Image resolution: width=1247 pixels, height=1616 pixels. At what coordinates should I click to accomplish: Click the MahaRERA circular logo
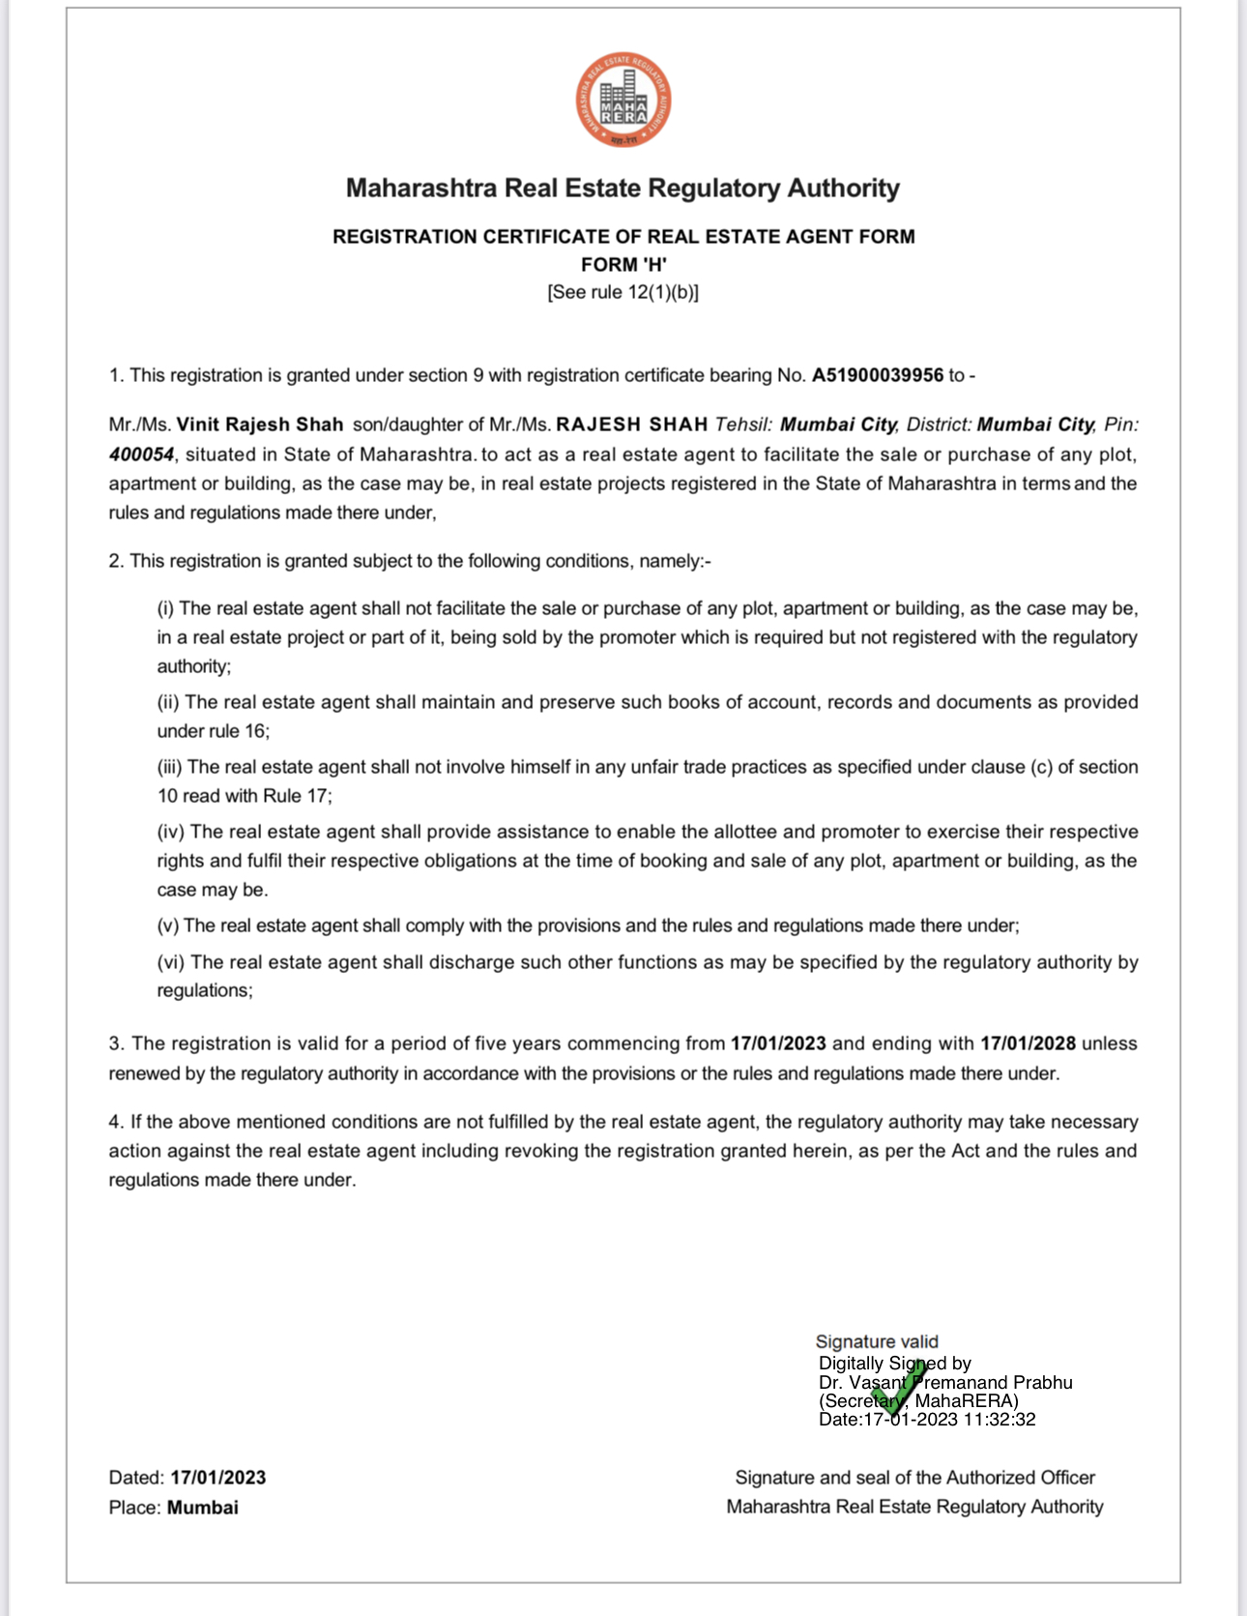click(x=623, y=101)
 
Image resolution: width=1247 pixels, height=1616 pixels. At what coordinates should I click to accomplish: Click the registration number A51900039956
click(x=877, y=375)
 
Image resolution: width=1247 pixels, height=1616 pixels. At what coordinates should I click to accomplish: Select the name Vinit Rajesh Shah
click(x=260, y=425)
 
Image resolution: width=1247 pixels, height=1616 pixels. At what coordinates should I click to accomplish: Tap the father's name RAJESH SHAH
click(x=632, y=425)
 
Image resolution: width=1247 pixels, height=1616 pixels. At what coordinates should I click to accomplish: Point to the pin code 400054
click(x=141, y=455)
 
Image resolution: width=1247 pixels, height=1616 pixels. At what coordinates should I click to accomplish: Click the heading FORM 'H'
click(x=623, y=265)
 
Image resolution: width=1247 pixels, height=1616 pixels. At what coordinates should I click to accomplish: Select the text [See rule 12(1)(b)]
click(x=623, y=292)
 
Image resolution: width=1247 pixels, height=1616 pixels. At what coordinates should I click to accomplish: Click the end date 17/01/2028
click(x=1028, y=1043)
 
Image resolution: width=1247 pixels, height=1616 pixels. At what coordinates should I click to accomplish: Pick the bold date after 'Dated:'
click(x=218, y=1478)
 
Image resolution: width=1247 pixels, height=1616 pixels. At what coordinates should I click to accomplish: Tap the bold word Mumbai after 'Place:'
click(x=203, y=1508)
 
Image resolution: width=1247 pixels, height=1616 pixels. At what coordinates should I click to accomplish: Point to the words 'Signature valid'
click(x=877, y=1342)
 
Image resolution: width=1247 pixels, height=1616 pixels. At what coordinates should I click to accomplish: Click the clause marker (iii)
click(x=169, y=767)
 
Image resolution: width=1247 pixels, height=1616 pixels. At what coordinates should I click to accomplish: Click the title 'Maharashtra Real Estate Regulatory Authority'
click(x=623, y=188)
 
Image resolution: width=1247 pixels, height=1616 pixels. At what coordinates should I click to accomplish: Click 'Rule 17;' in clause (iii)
click(x=297, y=796)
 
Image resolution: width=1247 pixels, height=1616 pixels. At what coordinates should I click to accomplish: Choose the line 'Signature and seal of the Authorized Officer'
click(x=914, y=1478)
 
